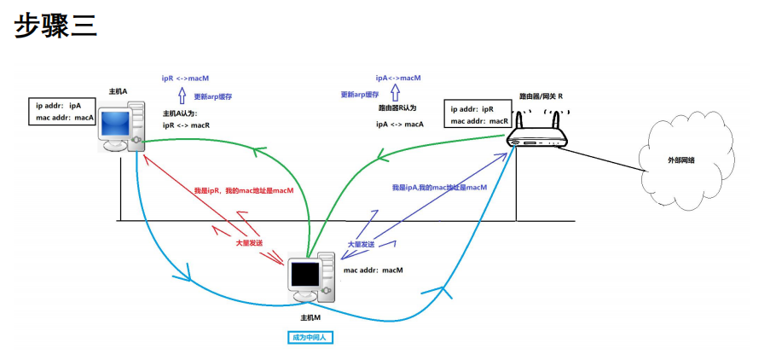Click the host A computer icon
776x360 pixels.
click(x=121, y=126)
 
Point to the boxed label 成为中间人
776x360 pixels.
click(x=310, y=337)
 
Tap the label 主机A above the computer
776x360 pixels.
click(x=118, y=91)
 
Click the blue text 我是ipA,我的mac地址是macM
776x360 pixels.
click(x=439, y=187)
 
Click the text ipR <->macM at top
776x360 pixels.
click(x=185, y=78)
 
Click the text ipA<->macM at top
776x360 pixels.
click(x=398, y=78)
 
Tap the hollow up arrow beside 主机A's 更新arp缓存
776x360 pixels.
click(x=181, y=96)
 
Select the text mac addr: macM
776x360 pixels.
click(x=373, y=270)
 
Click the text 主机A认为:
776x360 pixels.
click(x=182, y=113)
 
